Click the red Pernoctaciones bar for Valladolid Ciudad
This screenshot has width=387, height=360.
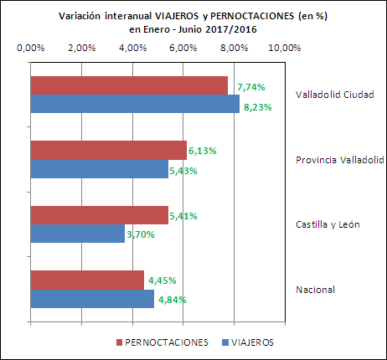(129, 85)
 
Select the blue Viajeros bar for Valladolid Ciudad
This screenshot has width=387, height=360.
(134, 104)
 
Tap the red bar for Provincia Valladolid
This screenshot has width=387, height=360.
(108, 150)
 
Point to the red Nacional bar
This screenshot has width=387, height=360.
(87, 280)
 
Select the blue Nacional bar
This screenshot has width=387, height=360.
(92, 298)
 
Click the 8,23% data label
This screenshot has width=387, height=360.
(256, 106)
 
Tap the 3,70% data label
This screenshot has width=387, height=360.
(141, 235)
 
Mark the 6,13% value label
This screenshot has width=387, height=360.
(203, 151)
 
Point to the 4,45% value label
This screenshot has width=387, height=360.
(162, 280)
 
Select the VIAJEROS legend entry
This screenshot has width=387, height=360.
(251, 342)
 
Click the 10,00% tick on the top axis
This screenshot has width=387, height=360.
(283, 48)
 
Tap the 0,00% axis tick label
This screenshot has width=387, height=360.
(30, 48)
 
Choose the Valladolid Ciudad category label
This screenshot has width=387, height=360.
(334, 94)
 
